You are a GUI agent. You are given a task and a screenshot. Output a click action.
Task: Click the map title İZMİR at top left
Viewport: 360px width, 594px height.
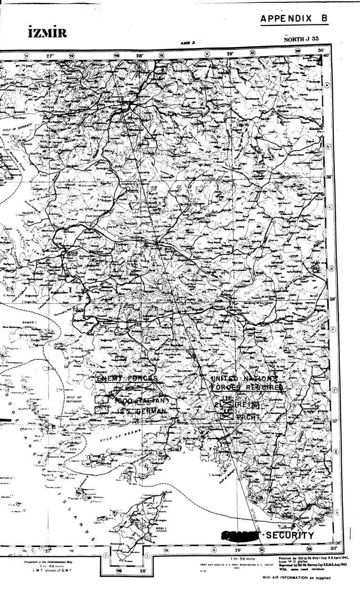click(x=47, y=33)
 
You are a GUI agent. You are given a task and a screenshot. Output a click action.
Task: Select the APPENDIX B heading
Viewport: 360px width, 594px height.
click(x=294, y=19)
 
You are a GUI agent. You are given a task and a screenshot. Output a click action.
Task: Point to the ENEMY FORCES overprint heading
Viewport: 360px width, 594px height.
click(x=127, y=378)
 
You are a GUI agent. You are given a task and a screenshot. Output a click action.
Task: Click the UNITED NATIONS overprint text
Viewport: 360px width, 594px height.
click(x=244, y=378)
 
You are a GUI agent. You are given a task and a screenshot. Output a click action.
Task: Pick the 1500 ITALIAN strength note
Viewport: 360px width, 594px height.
click(x=141, y=400)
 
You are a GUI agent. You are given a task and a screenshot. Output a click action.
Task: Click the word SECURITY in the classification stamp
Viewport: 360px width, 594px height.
click(x=290, y=535)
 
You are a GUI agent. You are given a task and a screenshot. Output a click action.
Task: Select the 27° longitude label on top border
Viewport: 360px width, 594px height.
click(x=50, y=55)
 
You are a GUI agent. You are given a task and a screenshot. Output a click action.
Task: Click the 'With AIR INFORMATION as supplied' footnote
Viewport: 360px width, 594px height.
click(x=296, y=578)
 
